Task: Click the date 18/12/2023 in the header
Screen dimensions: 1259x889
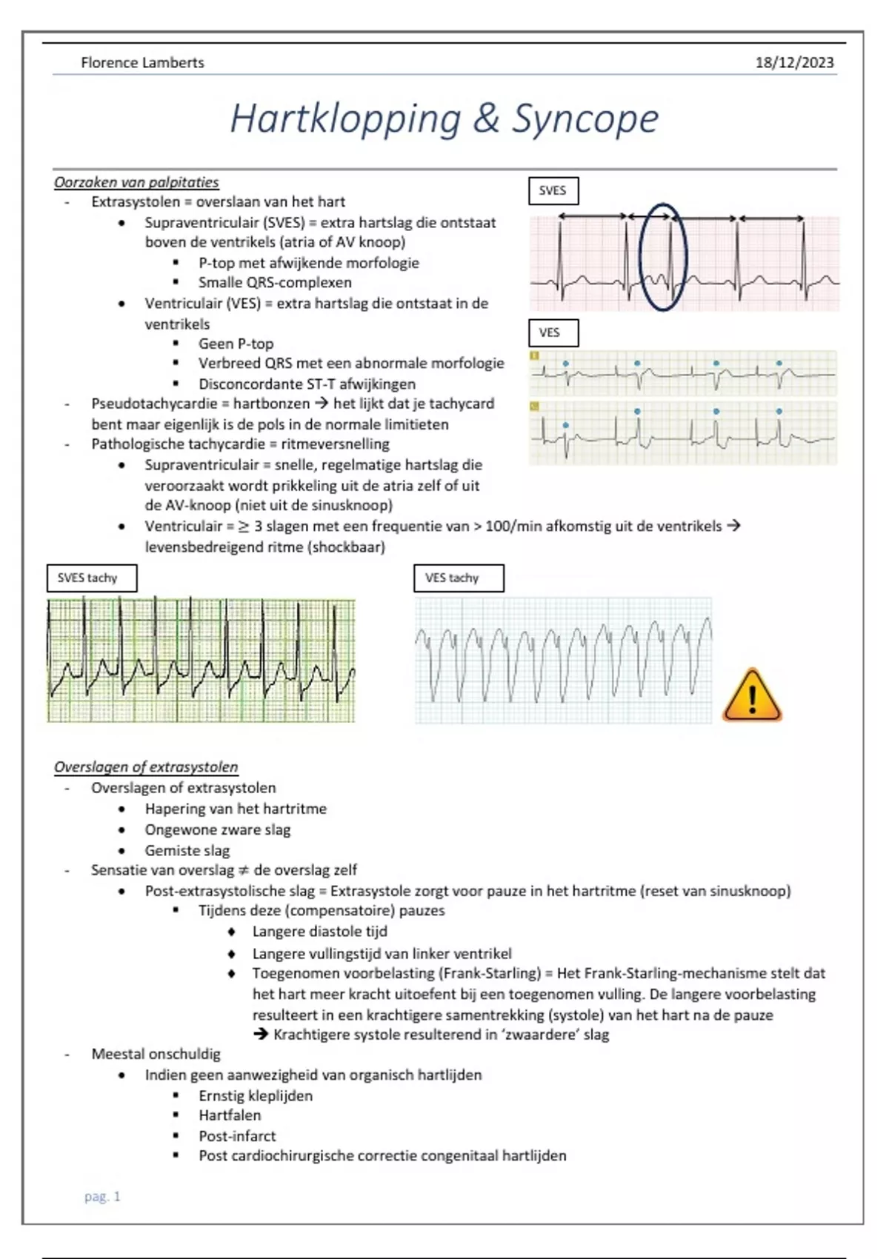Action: (x=794, y=63)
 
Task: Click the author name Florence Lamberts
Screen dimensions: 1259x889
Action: (x=142, y=63)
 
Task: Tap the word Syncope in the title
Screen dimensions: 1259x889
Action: (x=585, y=118)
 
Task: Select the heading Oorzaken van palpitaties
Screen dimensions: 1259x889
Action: (x=136, y=182)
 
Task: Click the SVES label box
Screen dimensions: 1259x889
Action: (x=553, y=191)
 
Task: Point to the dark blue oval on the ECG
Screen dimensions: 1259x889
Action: (x=663, y=257)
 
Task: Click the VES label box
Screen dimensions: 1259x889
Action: (x=553, y=333)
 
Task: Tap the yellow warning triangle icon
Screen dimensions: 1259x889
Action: (x=752, y=696)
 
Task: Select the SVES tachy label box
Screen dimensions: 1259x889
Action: (x=91, y=578)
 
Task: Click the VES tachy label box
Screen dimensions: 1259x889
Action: (x=459, y=578)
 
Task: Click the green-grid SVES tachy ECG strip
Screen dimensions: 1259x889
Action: (x=201, y=660)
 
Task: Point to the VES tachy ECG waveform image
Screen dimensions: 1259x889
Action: (x=563, y=660)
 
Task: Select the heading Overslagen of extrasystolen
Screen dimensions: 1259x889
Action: (x=146, y=767)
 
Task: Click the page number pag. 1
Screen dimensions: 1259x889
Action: (x=102, y=1196)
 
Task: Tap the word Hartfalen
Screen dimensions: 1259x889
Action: (x=230, y=1115)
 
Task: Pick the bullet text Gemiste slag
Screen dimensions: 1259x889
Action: (x=187, y=850)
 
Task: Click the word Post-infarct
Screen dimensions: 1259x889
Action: (x=237, y=1136)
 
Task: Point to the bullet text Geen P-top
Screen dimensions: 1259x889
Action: (x=236, y=344)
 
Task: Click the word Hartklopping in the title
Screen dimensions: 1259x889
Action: (x=345, y=118)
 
